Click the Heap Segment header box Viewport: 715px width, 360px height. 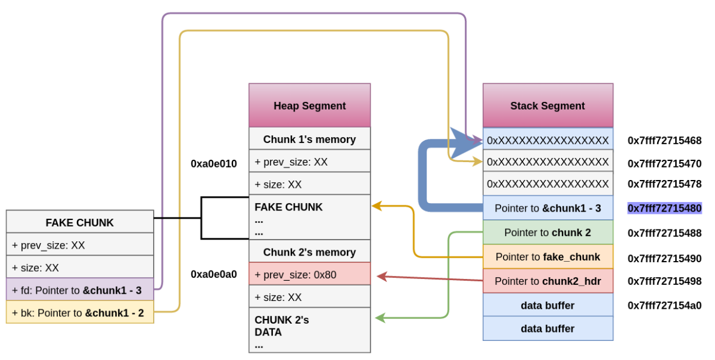point(309,105)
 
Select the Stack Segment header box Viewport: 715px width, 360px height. point(548,105)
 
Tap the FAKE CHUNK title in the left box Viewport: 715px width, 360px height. point(80,222)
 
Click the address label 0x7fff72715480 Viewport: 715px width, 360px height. point(664,208)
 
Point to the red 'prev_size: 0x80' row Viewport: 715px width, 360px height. point(309,275)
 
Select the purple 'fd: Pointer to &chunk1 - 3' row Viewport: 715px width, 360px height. point(80,290)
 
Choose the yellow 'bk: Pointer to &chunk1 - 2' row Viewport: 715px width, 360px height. point(80,312)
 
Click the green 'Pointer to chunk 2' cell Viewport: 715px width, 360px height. point(548,232)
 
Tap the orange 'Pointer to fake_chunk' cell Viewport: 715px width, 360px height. point(548,257)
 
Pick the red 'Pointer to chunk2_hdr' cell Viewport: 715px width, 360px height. point(548,281)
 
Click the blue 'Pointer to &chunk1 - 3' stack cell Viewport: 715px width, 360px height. point(548,208)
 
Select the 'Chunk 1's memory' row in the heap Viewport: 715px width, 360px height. point(309,139)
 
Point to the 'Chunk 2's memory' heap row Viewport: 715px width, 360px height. point(309,252)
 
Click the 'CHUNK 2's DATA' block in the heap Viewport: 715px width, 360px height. point(309,331)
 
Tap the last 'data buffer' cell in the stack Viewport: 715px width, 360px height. point(548,328)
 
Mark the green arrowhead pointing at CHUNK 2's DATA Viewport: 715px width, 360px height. point(380,319)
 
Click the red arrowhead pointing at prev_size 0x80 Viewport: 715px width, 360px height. point(381,276)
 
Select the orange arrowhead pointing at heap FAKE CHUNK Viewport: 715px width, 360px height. point(377,206)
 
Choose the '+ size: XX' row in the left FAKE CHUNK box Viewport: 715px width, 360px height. point(80,268)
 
